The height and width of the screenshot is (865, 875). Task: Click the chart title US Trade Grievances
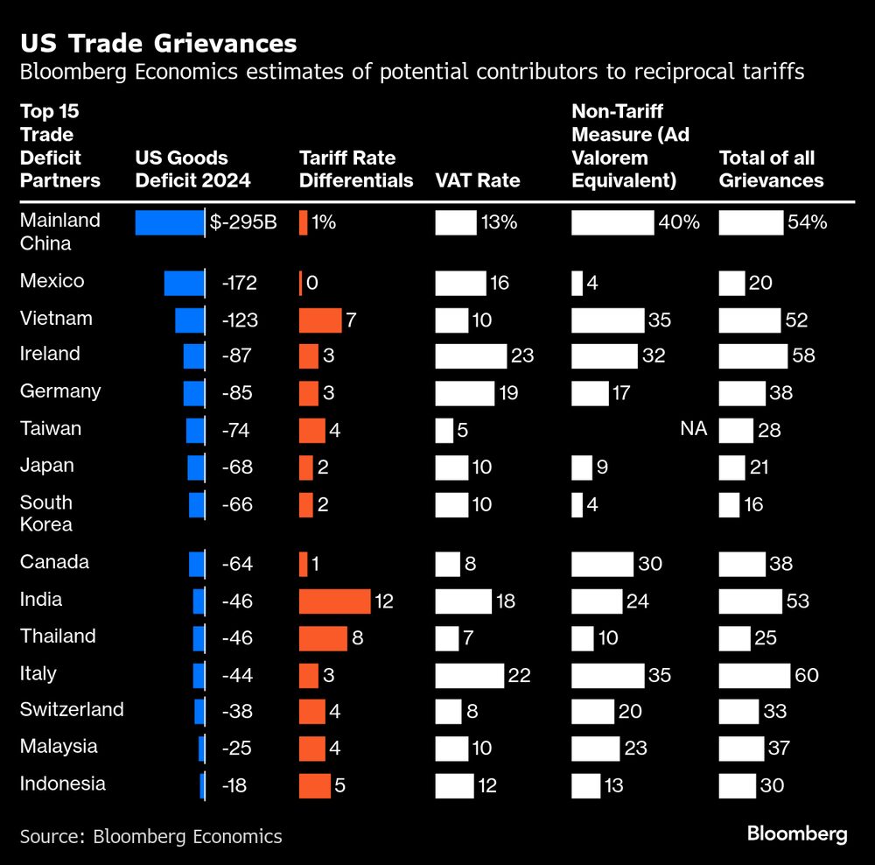point(158,43)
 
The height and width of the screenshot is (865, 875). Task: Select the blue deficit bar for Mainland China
point(169,222)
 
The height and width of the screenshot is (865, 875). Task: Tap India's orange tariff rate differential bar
point(334,601)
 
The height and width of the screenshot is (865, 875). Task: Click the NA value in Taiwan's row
point(693,429)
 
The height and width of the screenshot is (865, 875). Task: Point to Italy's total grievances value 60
point(803,675)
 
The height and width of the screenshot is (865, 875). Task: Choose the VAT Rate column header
point(477,180)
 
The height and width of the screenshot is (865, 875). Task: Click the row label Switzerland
point(72,709)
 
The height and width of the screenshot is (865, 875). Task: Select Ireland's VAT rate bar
point(471,355)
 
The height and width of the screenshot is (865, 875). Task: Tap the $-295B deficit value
point(243,222)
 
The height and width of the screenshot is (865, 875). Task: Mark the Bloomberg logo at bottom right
point(796,833)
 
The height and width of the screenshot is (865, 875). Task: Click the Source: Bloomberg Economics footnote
point(150,836)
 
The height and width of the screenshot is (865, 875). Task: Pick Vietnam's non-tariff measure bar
point(607,320)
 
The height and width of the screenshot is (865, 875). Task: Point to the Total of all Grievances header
point(771,169)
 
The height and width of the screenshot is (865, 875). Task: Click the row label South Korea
point(46,513)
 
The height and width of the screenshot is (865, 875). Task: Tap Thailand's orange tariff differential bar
point(323,638)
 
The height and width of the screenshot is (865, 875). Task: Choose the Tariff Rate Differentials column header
point(356,169)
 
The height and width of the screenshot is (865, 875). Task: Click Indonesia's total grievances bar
point(738,785)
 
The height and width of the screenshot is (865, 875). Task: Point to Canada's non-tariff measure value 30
point(649,564)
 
